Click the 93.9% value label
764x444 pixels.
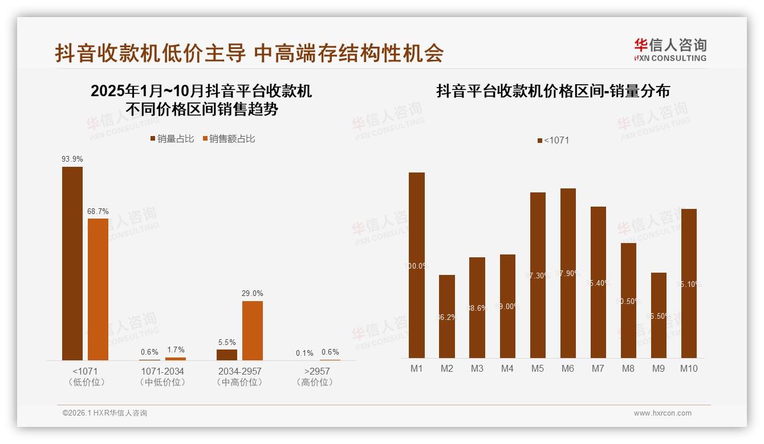[x=72, y=159]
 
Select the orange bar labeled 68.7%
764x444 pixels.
[x=97, y=289]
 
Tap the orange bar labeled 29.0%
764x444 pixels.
[x=253, y=330]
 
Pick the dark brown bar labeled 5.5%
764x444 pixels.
[x=227, y=355]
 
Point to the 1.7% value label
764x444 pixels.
[x=176, y=350]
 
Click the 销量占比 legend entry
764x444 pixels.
[x=172, y=139]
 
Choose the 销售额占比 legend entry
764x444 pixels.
[x=229, y=139]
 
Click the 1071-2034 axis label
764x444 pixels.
[x=162, y=371]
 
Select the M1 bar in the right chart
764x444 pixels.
[x=417, y=265]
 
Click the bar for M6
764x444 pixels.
[x=568, y=273]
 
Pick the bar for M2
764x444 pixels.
[x=447, y=316]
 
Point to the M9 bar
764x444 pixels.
[x=659, y=315]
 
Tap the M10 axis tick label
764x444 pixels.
[x=689, y=368]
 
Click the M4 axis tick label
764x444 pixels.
[x=507, y=368]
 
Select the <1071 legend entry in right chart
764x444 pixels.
[x=553, y=141]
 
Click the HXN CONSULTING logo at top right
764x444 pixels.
[x=670, y=50]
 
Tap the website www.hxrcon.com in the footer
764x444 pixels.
[x=663, y=413]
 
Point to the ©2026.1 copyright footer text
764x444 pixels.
[x=105, y=413]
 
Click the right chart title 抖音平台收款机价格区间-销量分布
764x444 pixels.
[x=553, y=91]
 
